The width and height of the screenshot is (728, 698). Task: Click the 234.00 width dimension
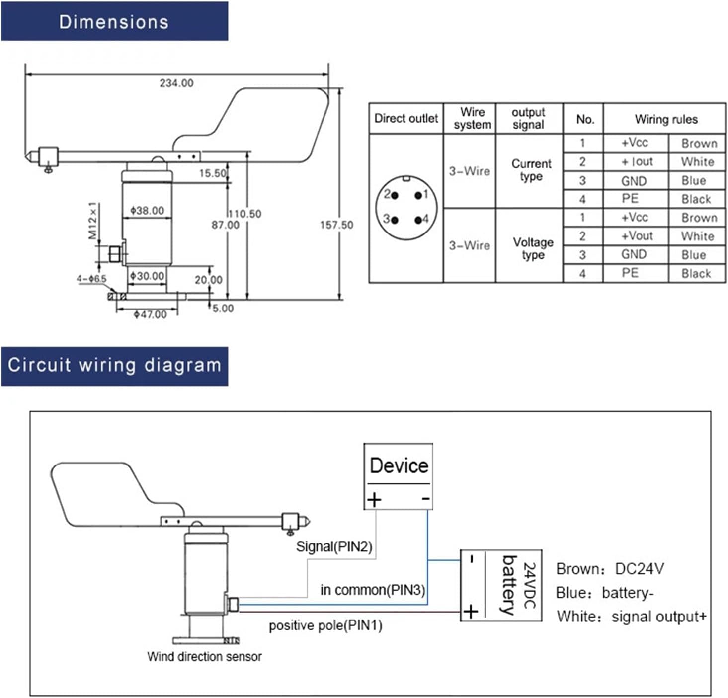176,83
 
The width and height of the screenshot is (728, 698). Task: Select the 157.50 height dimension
336,225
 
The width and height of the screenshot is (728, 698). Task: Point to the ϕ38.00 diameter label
147,211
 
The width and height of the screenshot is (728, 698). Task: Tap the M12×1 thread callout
93,221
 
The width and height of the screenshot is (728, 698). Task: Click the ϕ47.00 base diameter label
150,314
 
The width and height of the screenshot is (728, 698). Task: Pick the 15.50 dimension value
213,173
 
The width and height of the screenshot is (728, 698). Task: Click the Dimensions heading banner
114,22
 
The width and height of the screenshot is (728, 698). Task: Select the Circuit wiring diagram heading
114,365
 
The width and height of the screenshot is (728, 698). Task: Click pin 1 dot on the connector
418,195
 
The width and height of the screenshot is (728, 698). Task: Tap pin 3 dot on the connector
395,220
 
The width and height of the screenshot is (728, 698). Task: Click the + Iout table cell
637,162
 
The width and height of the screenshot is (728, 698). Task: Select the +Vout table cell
637,236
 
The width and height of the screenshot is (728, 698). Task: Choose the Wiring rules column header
666,120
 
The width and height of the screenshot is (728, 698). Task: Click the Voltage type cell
533,248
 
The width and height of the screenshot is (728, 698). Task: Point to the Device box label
399,466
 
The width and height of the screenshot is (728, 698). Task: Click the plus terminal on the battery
471,612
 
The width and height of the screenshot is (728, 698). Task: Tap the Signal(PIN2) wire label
334,547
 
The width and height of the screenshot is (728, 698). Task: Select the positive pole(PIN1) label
325,626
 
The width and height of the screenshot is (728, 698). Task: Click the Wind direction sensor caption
204,657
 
